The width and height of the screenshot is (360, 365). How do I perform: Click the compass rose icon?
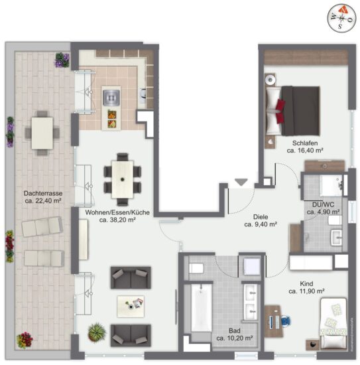(341, 18)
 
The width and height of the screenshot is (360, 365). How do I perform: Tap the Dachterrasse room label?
(43, 193)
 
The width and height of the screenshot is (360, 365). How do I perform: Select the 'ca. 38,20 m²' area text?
(117, 220)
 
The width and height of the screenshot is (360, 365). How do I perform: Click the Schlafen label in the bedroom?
(305, 143)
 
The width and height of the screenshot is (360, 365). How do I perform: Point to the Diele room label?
(261, 217)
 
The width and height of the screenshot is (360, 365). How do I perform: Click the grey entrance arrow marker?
(241, 182)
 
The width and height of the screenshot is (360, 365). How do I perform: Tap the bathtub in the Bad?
(201, 308)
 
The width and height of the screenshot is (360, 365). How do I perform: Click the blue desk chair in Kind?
(286, 321)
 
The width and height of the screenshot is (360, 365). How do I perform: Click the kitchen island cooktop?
(111, 97)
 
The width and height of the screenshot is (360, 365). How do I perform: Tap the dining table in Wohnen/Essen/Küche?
(123, 179)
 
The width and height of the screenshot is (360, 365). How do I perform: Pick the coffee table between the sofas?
(131, 307)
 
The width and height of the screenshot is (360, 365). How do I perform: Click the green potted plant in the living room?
(97, 332)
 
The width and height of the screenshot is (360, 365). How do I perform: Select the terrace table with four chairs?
(42, 133)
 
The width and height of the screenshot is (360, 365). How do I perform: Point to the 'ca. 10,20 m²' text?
(235, 338)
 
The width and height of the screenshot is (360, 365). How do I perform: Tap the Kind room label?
(306, 284)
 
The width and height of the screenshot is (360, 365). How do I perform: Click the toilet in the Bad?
(196, 268)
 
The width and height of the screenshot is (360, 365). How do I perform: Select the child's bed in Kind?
(333, 324)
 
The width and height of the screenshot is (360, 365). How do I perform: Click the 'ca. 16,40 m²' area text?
(305, 151)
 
